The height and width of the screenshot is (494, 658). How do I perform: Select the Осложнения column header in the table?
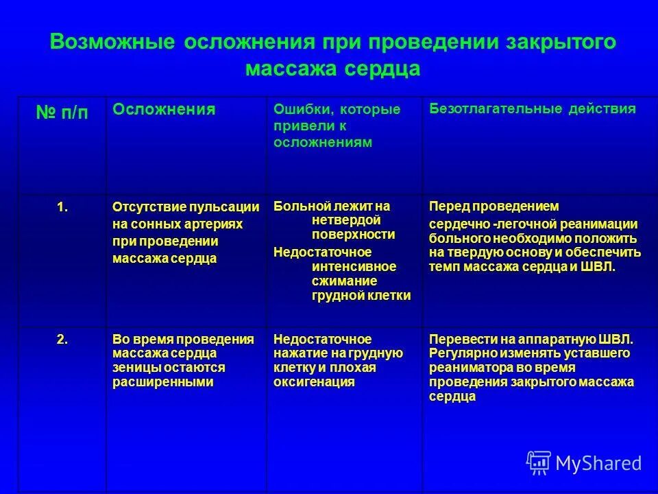click(x=164, y=109)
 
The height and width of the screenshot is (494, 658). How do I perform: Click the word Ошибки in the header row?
click(x=298, y=110)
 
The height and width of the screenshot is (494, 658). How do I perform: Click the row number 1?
click(x=62, y=207)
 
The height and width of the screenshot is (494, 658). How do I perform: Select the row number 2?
click(x=62, y=339)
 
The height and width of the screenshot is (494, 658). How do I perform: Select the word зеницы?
click(x=133, y=368)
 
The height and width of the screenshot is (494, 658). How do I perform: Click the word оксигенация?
click(x=314, y=382)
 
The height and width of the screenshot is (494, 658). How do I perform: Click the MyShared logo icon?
click(x=539, y=462)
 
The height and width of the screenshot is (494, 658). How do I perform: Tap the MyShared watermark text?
click(x=598, y=463)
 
